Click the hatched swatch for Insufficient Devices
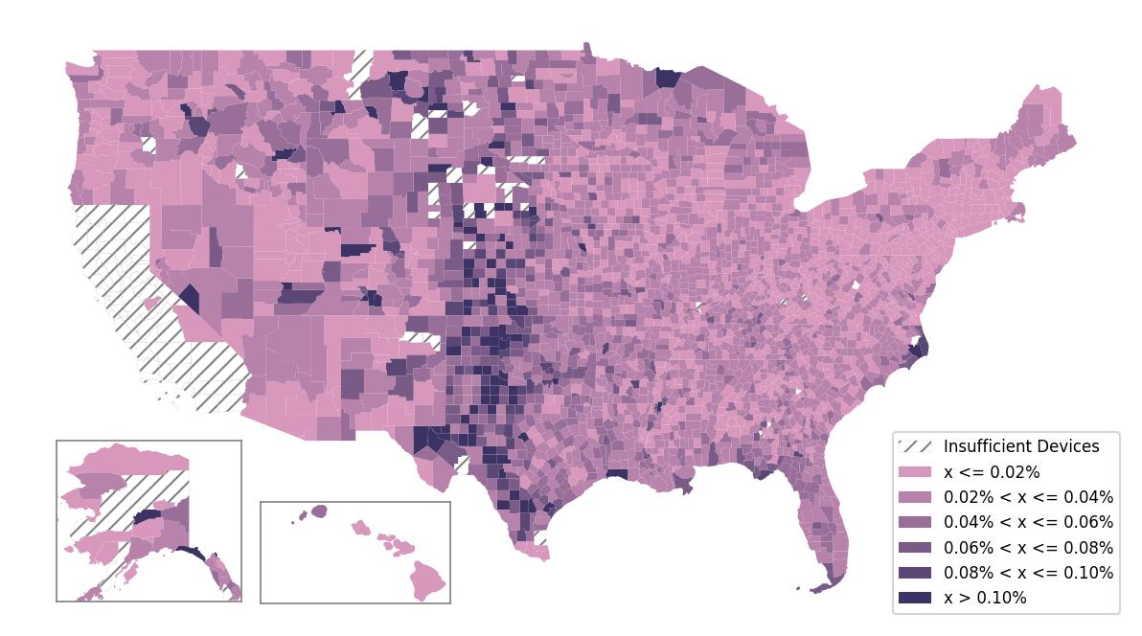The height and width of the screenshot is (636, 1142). click(915, 446)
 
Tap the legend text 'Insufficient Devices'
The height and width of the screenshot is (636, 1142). click(1021, 446)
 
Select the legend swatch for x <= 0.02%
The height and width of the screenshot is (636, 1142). click(915, 472)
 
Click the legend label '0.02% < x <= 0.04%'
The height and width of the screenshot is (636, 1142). click(1028, 497)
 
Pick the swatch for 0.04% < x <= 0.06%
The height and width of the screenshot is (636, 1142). click(915, 522)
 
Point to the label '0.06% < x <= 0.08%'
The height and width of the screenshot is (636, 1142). click(1028, 548)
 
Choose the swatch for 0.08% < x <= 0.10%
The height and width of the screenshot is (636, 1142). click(915, 573)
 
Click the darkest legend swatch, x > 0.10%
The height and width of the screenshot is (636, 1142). click(915, 598)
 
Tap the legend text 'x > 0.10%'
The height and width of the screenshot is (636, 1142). click(985, 598)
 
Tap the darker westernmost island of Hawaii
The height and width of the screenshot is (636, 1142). click(318, 511)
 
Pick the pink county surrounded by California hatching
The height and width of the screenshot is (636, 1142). click(149, 303)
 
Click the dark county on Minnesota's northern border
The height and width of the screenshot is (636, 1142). click(668, 77)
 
